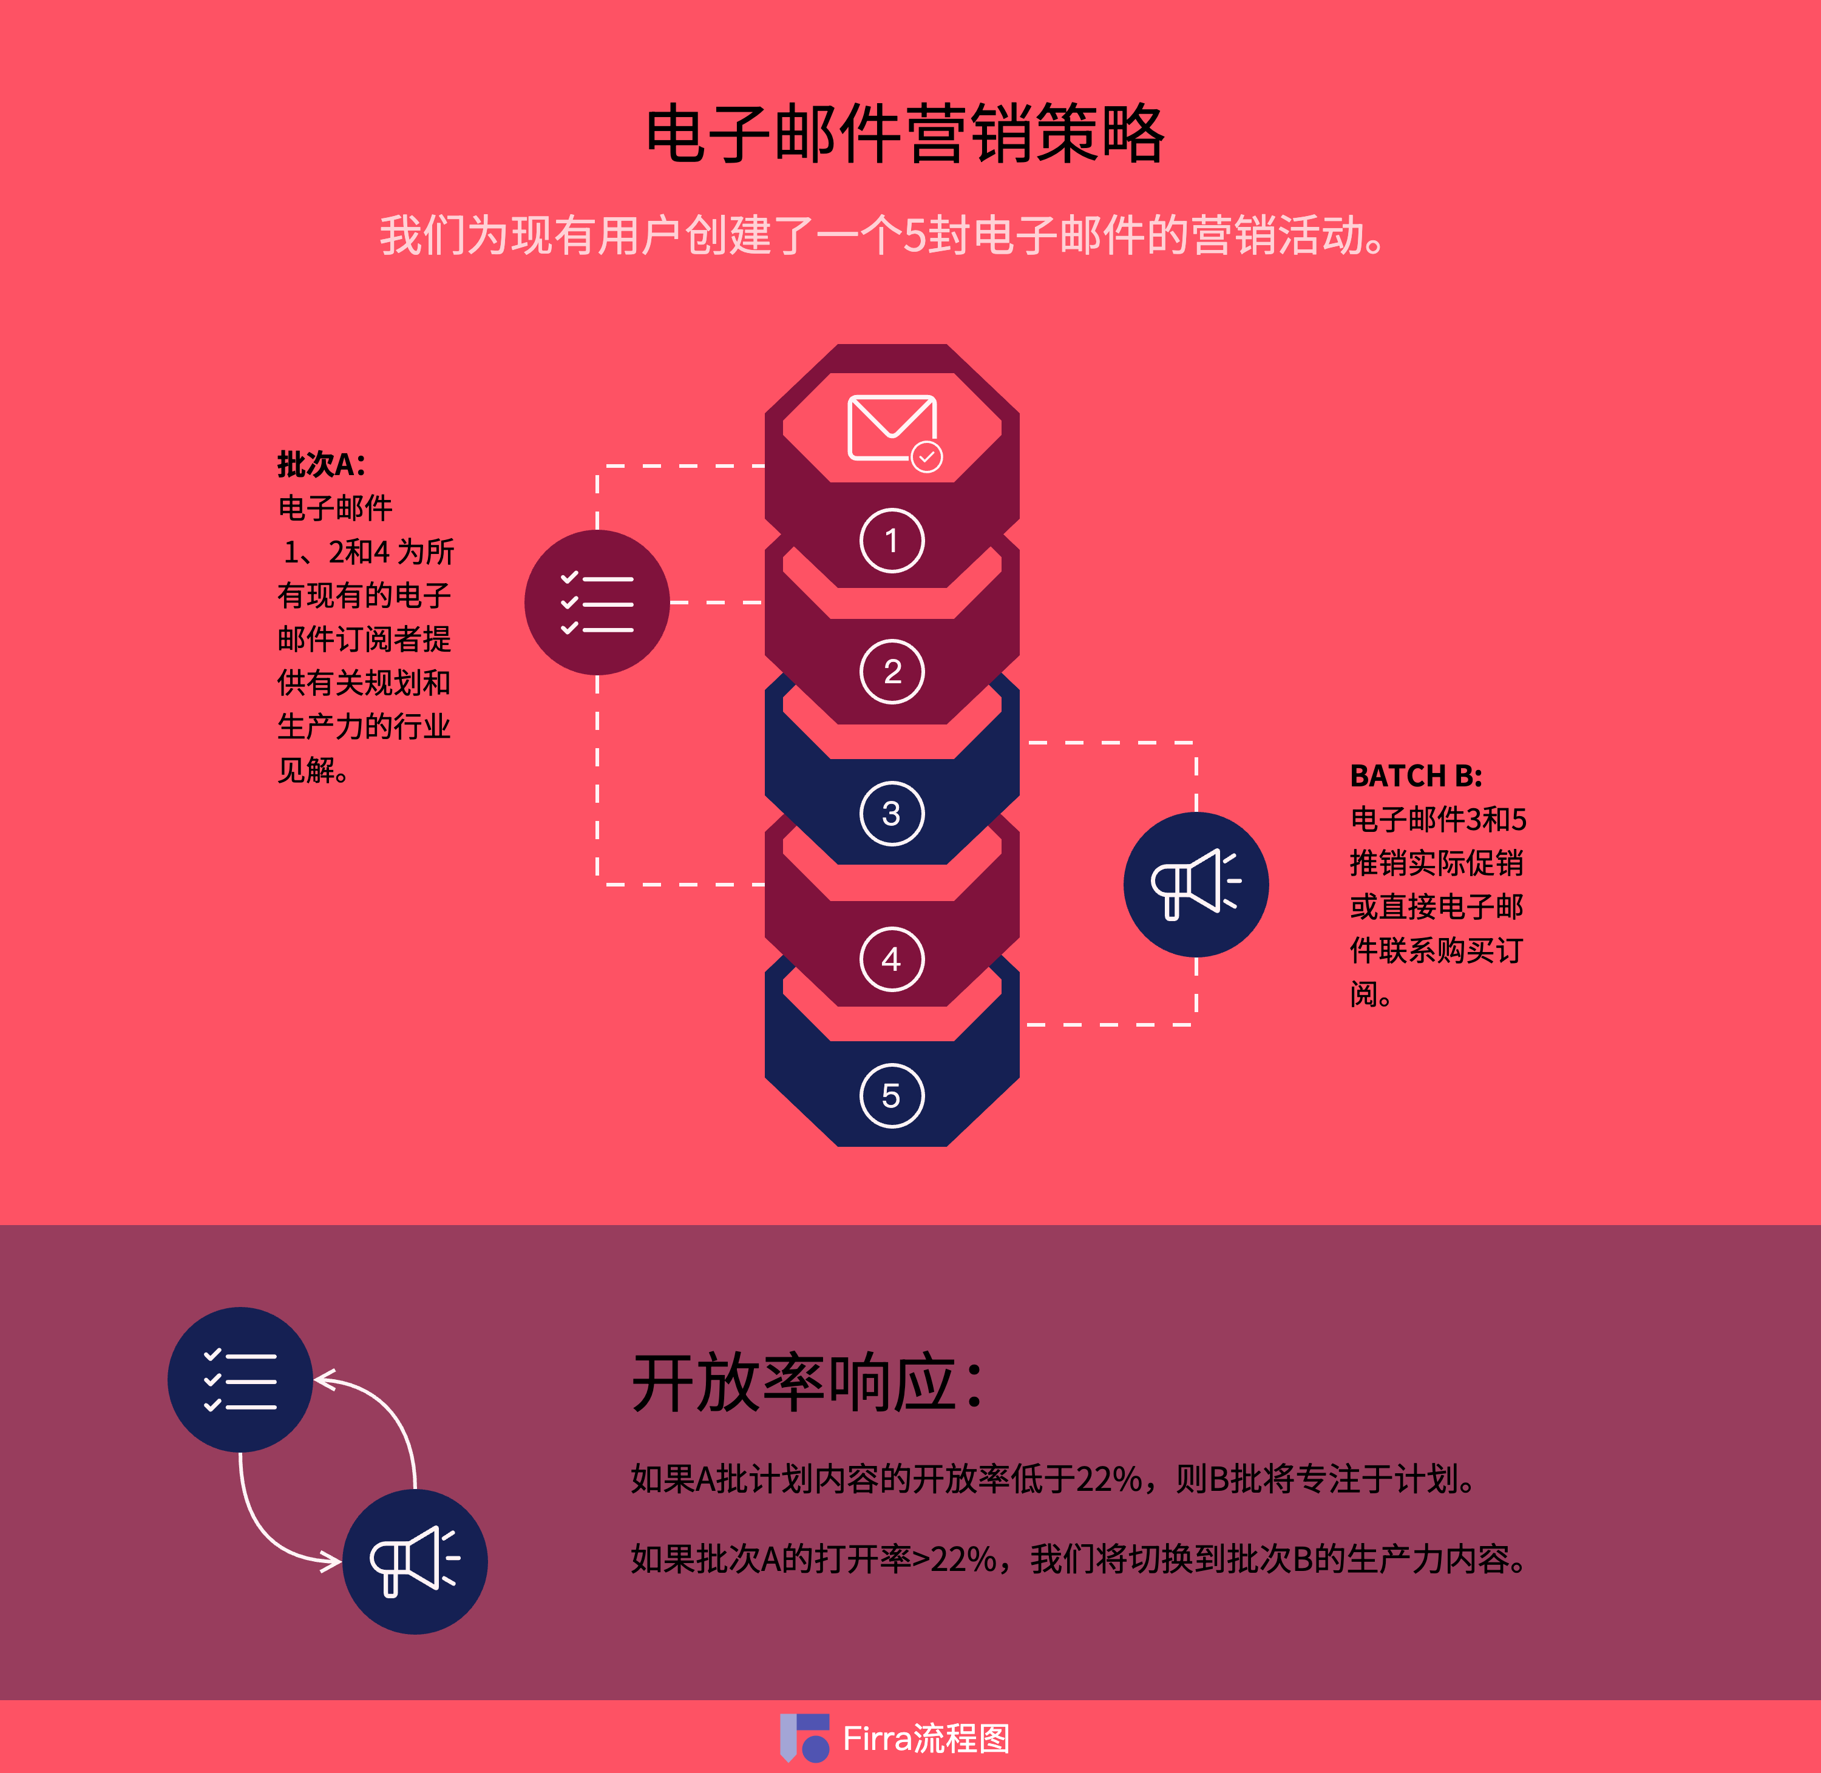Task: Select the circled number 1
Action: (892, 540)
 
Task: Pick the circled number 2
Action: (892, 671)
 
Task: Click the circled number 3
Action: (892, 813)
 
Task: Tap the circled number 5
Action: (892, 1095)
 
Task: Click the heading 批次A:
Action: (321, 464)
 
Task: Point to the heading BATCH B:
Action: (1415, 775)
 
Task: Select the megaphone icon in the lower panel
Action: (415, 1562)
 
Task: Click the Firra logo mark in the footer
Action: (804, 1738)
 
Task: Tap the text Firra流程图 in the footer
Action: (926, 1738)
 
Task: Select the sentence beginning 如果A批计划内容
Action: (1053, 1479)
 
